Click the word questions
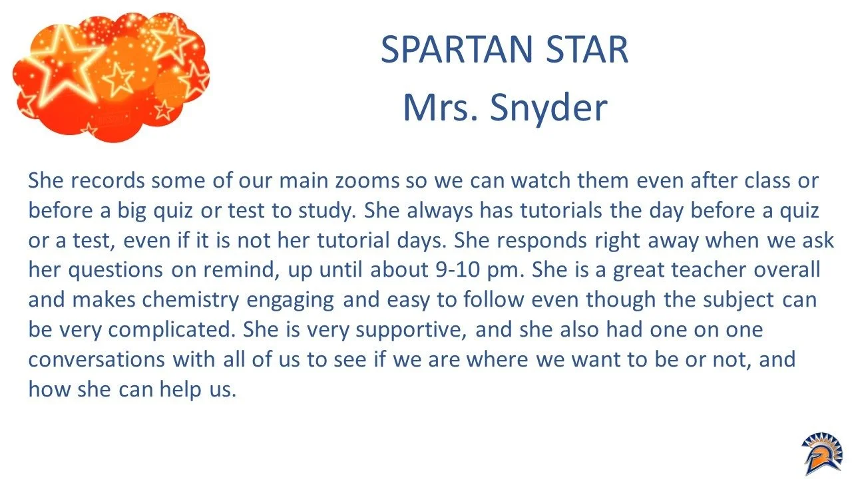pos(120,270)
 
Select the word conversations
pos(96,360)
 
